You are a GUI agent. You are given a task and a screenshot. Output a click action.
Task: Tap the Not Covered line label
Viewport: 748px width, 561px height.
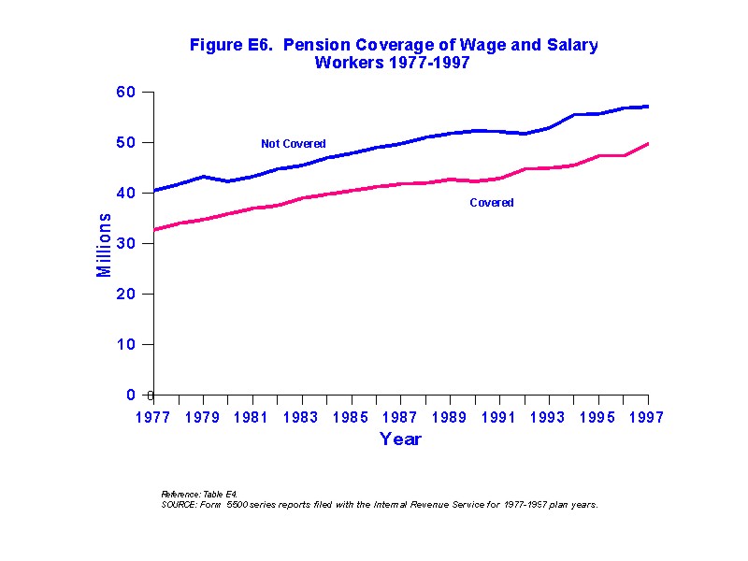(293, 144)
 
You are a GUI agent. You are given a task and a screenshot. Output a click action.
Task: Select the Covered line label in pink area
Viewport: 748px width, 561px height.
(491, 203)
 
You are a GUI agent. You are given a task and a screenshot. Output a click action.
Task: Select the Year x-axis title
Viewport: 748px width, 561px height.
(400, 439)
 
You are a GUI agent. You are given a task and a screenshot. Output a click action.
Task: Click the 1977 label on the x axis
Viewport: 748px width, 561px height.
(153, 418)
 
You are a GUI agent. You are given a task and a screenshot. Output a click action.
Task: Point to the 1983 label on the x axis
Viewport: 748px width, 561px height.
(301, 418)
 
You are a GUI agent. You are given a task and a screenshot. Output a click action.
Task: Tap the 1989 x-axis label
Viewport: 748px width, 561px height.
(450, 418)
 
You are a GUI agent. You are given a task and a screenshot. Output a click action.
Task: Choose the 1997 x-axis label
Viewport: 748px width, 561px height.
(647, 418)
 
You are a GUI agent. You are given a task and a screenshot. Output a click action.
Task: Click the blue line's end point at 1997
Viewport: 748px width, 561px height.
(648, 107)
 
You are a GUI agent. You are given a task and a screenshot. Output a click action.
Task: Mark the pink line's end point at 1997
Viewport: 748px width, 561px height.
(648, 144)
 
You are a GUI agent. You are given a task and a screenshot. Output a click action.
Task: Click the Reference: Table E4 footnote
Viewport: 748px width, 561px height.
(199, 494)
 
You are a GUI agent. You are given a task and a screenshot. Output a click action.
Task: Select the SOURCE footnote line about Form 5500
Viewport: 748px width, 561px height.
(379, 504)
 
